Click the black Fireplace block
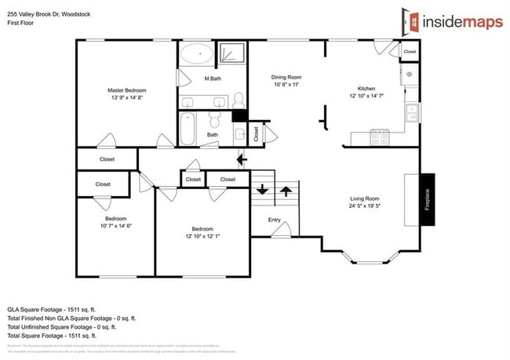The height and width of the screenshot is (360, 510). click(427, 199)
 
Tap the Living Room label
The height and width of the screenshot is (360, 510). click(364, 198)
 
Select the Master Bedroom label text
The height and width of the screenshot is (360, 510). click(127, 90)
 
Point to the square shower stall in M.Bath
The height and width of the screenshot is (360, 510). click(231, 53)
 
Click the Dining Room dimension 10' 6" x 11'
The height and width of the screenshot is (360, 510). click(286, 85)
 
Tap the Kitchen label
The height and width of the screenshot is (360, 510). click(366, 89)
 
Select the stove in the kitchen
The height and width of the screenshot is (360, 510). click(380, 138)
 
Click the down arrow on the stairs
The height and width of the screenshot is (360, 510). click(260, 190)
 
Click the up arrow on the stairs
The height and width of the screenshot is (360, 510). click(286, 190)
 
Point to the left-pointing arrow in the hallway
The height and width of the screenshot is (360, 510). click(242, 160)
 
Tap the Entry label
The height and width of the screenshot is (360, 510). click(275, 220)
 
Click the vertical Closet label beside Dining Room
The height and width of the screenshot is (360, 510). click(257, 134)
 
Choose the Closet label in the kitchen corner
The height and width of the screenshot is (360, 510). click(410, 52)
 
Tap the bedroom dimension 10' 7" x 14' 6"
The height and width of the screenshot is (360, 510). click(117, 225)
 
